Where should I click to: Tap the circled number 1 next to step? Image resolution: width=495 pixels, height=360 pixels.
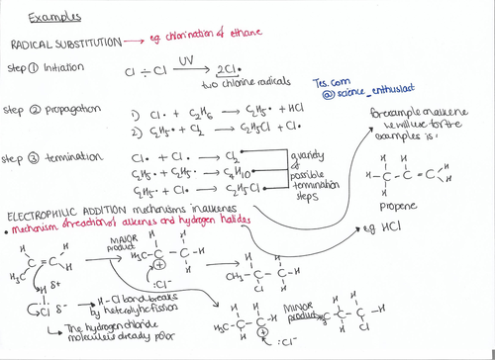pos(34,70)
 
